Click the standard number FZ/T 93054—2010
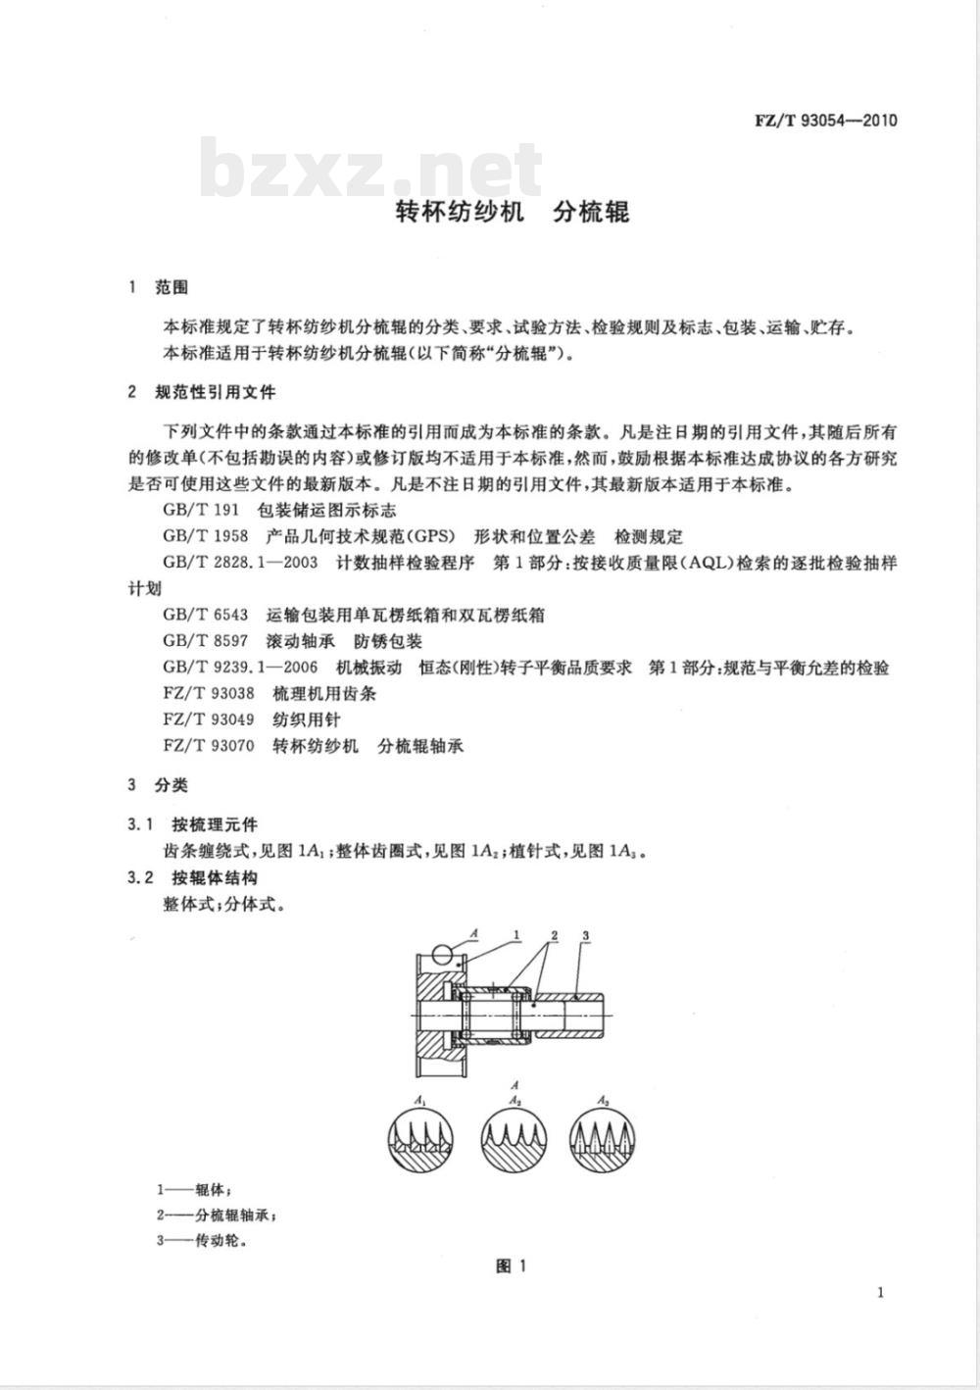pos(825,122)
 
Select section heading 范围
pos(171,288)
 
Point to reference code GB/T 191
pos(201,511)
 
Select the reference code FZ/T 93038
pos(209,694)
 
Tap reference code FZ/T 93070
pos(209,746)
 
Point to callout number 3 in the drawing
pos(584,937)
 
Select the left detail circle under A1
pos(420,1140)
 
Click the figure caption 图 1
pos(512,1266)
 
